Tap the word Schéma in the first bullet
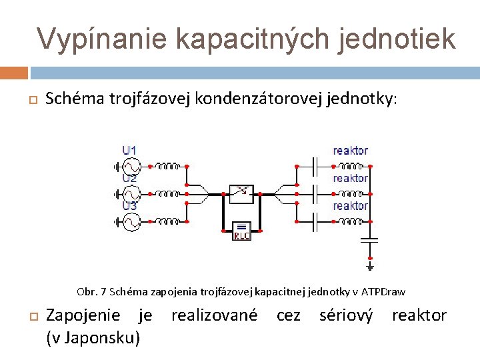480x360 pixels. [71, 99]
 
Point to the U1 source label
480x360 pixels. [129, 150]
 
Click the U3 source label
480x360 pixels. [129, 206]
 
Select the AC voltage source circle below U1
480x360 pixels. [131, 165]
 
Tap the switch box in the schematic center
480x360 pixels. [241, 193]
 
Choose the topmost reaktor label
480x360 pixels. [350, 151]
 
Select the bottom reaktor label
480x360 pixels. [350, 206]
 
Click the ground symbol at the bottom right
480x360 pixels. [369, 265]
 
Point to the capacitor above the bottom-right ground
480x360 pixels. [369, 238]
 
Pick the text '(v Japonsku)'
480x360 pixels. [93, 338]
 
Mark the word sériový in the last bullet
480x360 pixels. [346, 315]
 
